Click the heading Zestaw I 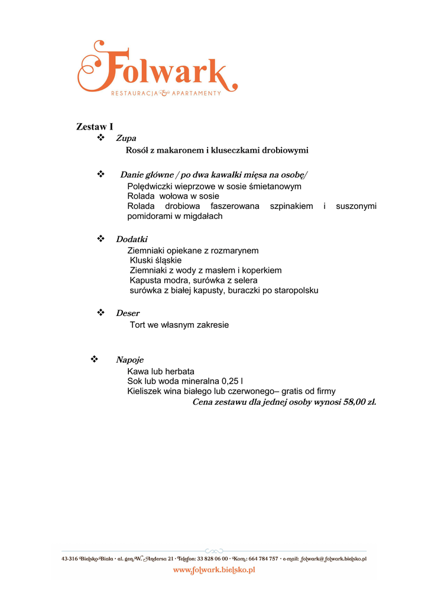pos(95,127)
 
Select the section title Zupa pos(126,138)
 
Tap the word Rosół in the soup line pos(137,150)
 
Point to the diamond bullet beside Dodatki pos(100,238)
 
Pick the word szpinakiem pos(291,206)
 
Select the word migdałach pos(204,216)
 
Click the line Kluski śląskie pos(155,260)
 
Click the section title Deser pos(128,313)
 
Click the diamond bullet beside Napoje pos(93,359)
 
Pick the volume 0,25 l pos(232,382)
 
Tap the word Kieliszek pos(145,391)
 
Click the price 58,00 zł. pos(359,402)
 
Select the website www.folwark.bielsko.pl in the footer pos(213,570)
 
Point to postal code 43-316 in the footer pos(72,558)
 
